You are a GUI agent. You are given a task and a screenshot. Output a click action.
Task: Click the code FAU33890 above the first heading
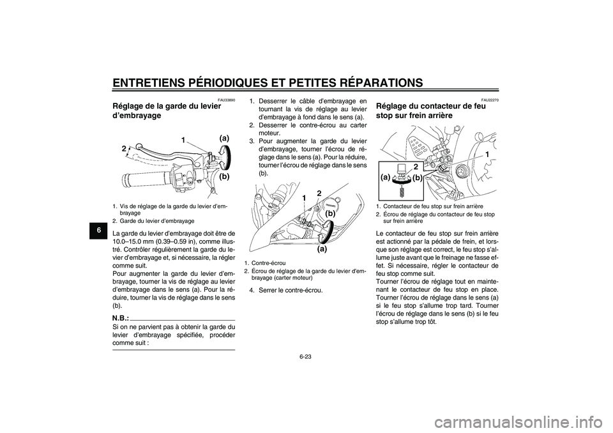click(x=226, y=100)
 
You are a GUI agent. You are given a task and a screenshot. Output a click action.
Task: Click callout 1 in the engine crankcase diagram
click(x=306, y=199)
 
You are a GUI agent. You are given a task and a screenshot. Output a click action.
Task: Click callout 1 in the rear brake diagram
click(x=487, y=155)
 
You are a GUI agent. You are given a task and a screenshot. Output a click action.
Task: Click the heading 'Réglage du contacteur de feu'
click(x=432, y=107)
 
